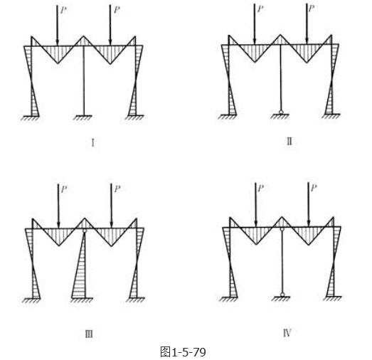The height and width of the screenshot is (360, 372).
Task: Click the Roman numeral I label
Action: [93, 143]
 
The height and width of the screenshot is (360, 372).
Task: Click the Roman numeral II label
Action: [289, 142]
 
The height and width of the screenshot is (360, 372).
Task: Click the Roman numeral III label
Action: [89, 334]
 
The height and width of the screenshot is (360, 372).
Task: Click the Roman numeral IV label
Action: [287, 333]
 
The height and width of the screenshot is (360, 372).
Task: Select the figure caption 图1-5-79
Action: [183, 351]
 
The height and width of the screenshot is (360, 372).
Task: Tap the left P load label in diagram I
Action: [63, 10]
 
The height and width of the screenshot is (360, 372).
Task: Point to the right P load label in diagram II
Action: [311, 9]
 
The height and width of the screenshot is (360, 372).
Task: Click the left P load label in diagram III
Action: [64, 189]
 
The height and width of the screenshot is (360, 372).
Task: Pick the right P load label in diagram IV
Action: [314, 189]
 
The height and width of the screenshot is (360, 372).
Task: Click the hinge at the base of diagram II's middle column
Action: [281, 112]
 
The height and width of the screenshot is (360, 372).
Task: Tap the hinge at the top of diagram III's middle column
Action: [85, 231]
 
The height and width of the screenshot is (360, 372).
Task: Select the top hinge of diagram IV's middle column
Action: [282, 229]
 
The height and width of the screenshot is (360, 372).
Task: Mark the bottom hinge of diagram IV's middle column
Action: [282, 295]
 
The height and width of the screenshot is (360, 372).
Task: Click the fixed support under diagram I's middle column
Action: [83, 117]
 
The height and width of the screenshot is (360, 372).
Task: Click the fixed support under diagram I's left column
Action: [31, 118]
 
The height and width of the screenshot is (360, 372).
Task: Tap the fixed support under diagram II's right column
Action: [331, 116]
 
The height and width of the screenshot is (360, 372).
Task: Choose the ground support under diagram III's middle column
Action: [82, 300]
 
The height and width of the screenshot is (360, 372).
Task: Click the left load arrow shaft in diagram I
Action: [57, 25]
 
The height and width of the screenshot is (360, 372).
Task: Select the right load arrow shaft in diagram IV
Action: [308, 203]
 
